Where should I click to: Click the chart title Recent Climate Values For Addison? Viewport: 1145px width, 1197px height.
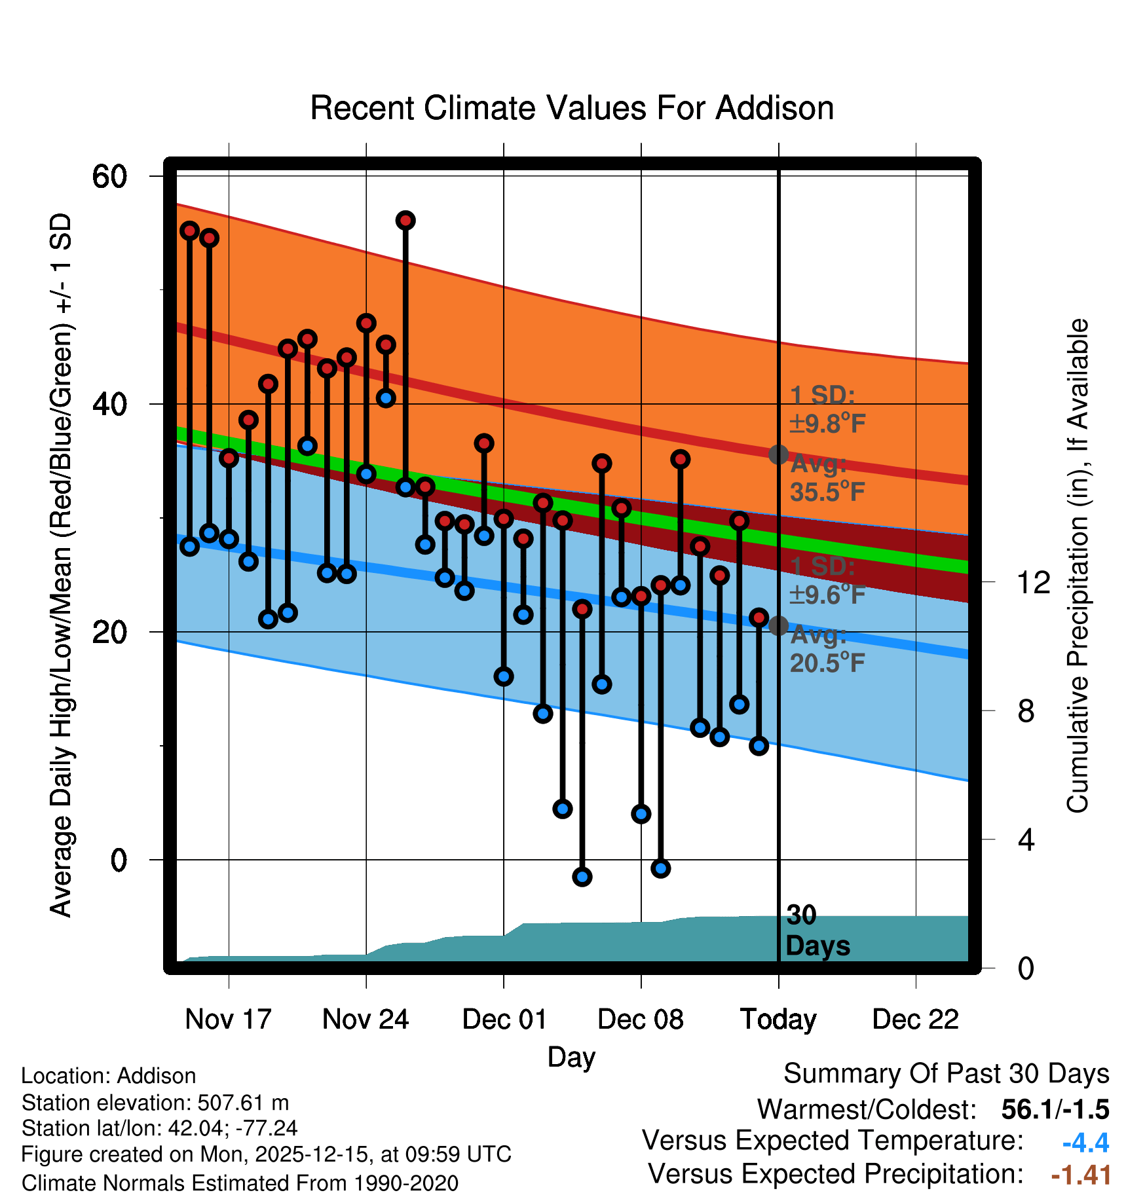tap(572, 108)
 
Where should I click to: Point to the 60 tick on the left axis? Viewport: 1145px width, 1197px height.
tap(109, 176)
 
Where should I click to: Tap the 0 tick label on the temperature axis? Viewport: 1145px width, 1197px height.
tap(119, 859)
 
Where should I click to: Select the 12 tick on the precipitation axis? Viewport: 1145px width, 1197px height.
tap(1033, 582)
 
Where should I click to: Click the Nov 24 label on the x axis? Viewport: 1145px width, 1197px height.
tap(366, 1020)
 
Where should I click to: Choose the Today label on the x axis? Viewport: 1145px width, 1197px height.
tap(778, 1020)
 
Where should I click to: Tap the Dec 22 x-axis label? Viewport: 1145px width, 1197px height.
tap(915, 1020)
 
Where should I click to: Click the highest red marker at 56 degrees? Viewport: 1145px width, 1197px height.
tap(405, 221)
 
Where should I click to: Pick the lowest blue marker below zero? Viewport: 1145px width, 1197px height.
tap(582, 877)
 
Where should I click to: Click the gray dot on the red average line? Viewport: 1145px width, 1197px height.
tap(778, 454)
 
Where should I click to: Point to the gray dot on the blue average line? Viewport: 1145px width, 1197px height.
tap(778, 626)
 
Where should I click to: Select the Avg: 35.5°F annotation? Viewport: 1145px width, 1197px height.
tap(827, 478)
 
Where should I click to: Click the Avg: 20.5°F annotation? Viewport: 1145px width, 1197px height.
tap(827, 650)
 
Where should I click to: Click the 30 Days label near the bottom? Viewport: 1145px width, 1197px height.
tap(817, 930)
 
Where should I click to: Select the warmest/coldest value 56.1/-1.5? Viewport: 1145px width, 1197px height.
tap(1055, 1110)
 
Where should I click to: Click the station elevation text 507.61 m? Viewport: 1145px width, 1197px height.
tap(155, 1103)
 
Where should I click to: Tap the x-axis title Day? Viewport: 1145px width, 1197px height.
tap(571, 1057)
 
